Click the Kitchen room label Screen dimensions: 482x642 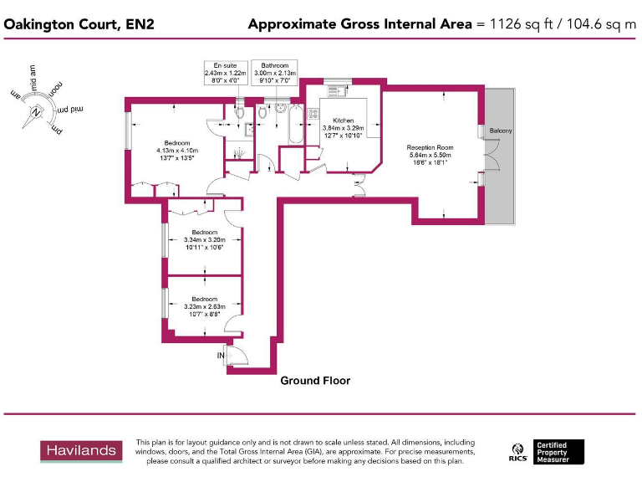(x=344, y=120)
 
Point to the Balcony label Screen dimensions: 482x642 (x=501, y=131)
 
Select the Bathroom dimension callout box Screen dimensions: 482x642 (x=274, y=73)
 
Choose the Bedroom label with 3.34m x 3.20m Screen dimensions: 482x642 (x=204, y=232)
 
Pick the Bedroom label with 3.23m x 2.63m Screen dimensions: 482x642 (x=204, y=299)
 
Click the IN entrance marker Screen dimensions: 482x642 (x=222, y=356)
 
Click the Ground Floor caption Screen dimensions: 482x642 (x=315, y=381)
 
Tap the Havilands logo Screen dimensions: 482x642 (x=80, y=450)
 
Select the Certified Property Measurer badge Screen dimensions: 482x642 (x=559, y=452)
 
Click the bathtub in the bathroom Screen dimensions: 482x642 (x=293, y=125)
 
